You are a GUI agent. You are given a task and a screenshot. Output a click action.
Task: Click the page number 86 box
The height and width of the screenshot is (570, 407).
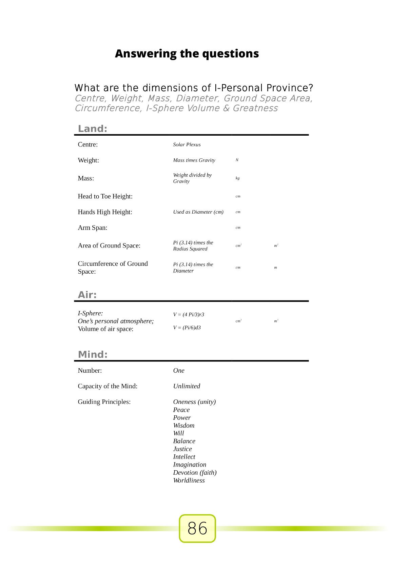[197, 528]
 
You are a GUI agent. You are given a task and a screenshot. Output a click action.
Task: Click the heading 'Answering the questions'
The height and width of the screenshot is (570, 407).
[187, 54]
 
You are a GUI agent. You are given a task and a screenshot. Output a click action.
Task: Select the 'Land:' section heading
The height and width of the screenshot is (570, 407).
[93, 129]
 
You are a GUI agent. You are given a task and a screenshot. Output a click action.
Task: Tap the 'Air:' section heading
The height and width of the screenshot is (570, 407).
[87, 295]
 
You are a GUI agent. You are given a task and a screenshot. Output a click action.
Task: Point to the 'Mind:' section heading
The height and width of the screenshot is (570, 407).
[93, 354]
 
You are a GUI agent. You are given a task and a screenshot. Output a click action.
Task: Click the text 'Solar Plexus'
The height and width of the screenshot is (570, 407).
[187, 144]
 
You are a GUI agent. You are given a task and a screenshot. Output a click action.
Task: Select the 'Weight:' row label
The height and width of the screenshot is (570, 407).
[89, 160]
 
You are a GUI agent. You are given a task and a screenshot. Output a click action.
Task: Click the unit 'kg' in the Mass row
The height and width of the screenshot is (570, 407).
[237, 178]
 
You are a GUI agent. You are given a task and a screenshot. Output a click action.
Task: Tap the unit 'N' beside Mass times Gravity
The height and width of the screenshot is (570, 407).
[237, 160]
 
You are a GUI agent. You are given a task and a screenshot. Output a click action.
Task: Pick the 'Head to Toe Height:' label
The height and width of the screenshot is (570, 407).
[105, 196]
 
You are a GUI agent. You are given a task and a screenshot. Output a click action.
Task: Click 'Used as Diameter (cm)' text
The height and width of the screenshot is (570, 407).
[198, 212]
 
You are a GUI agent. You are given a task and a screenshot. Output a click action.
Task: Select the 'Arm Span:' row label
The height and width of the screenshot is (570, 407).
[93, 228]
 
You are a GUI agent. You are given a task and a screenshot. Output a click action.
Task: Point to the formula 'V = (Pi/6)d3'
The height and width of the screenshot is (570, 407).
[187, 328]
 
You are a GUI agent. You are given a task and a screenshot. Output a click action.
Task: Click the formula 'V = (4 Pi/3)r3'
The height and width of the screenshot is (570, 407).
[189, 314]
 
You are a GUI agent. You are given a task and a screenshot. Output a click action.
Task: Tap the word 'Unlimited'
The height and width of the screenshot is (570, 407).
[187, 386]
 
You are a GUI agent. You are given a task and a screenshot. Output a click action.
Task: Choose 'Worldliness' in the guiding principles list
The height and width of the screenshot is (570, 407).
[189, 480]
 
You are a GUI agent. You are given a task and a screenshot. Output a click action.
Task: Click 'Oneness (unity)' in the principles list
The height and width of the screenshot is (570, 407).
[194, 402]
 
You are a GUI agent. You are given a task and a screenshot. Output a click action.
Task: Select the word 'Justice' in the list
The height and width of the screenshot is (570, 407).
[182, 449]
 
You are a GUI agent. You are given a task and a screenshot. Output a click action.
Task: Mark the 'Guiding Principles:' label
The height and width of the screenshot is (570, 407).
[104, 402]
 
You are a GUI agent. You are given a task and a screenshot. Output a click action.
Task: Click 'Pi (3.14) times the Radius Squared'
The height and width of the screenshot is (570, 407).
[193, 245]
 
